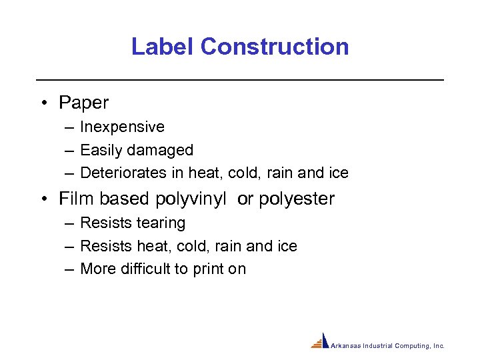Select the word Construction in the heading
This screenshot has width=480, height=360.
click(274, 47)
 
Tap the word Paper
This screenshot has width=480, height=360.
click(83, 103)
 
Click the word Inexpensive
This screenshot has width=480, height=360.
click(122, 127)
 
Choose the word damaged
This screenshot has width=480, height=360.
click(163, 150)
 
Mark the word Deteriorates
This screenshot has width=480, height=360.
click(123, 173)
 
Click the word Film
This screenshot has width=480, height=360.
click(73, 199)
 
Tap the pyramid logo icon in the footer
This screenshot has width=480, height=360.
click(321, 341)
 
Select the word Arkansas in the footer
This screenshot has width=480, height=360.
click(345, 346)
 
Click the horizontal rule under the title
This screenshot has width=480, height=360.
click(240, 80)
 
